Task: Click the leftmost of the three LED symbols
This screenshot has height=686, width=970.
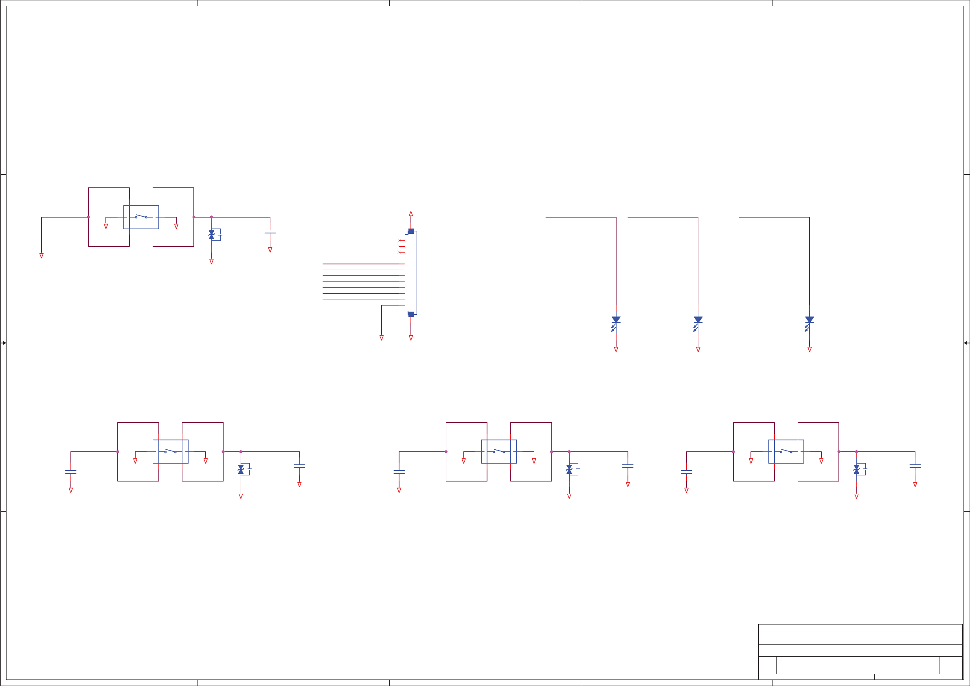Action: (616, 323)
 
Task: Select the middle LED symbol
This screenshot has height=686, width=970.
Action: (698, 323)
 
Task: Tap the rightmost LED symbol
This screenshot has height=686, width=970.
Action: (809, 323)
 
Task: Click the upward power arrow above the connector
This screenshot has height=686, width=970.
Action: (410, 214)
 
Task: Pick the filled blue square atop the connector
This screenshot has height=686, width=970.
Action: (410, 231)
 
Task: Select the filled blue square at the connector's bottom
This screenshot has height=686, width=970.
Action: (410, 314)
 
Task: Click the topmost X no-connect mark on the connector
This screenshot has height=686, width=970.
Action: (399, 240)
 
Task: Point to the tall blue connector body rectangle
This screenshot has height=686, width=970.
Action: (410, 273)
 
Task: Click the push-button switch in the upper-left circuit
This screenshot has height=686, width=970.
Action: (141, 217)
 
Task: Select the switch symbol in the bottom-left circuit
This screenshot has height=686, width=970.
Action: (170, 451)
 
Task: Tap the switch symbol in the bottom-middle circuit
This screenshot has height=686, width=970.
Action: (498, 451)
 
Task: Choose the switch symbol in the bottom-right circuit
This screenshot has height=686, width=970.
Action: (786, 451)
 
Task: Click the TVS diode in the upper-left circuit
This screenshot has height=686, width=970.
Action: (212, 235)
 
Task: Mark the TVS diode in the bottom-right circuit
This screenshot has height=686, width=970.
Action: (856, 469)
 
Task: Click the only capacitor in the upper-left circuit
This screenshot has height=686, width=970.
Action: (270, 232)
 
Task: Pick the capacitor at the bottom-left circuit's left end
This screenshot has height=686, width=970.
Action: (70, 472)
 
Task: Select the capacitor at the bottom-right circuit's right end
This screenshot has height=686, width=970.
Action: (915, 466)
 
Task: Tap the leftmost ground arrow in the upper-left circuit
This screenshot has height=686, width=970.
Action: (42, 256)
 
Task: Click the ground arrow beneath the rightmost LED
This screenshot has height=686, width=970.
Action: (810, 350)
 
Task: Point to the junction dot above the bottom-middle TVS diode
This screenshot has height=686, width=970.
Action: (569, 452)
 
